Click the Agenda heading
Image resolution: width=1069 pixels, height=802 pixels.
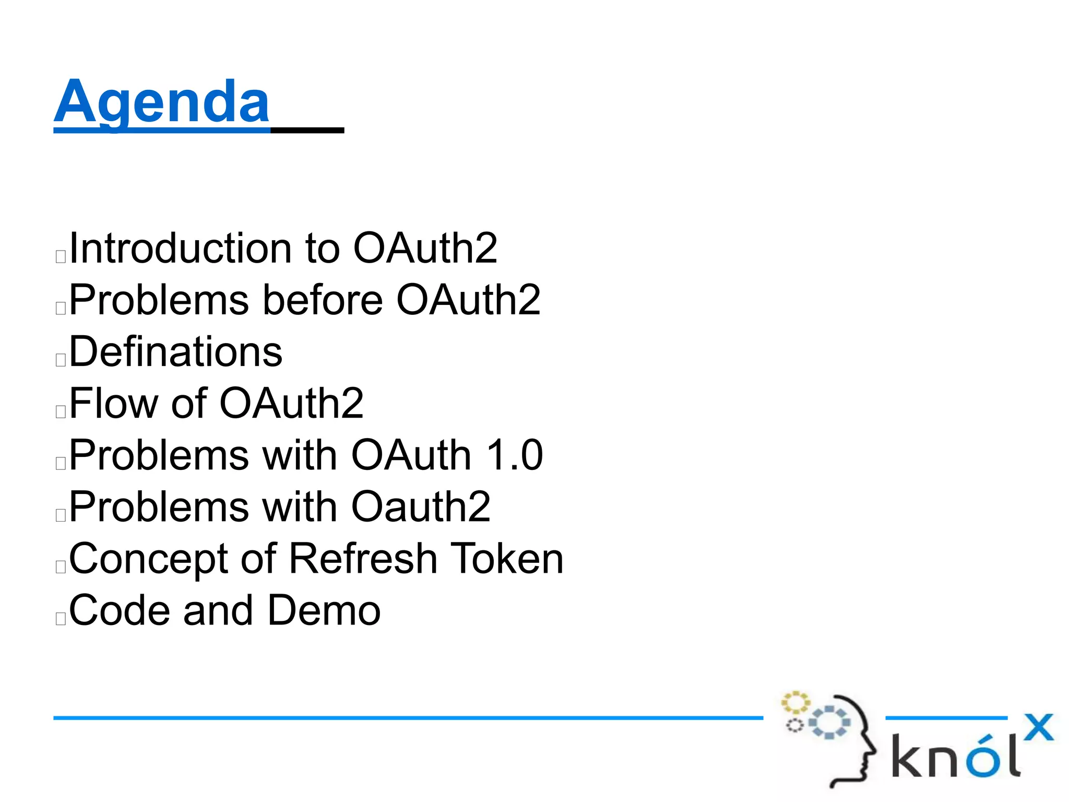point(162,102)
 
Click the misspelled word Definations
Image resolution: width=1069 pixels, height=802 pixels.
point(176,352)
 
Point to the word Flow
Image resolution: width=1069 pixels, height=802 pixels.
point(113,404)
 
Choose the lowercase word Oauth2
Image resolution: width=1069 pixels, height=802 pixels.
point(421,507)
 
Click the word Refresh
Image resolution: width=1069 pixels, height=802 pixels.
point(363,559)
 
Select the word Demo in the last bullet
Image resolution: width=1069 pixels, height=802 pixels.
point(324,610)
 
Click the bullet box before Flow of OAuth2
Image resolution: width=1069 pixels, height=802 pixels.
point(61,411)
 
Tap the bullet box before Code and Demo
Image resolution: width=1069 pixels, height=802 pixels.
point(61,619)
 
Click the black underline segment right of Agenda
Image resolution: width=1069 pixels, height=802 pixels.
point(307,130)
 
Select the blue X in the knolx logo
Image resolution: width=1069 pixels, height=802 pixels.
point(1038,727)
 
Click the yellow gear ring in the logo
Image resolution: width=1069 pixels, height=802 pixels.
point(795,703)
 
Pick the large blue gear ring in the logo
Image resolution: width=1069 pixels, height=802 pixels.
point(829,723)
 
